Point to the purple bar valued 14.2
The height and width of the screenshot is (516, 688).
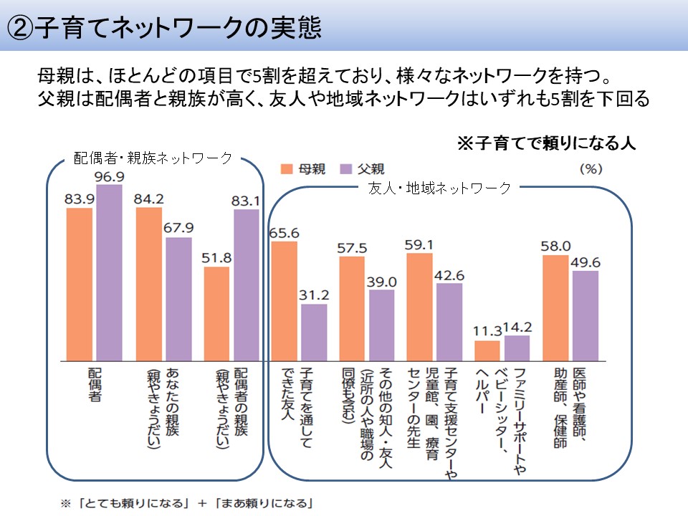[x=517, y=348]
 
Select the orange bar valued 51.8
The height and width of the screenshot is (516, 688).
[x=216, y=313]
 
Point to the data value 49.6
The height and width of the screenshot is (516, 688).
[x=585, y=263]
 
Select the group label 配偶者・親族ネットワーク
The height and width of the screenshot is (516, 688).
[x=153, y=158]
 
